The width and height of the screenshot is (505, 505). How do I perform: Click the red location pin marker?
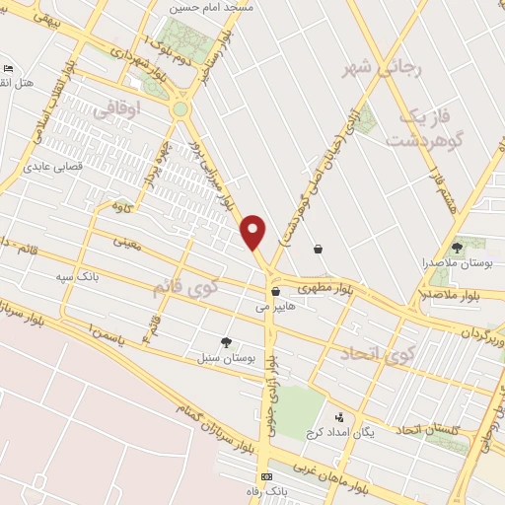point(254,231)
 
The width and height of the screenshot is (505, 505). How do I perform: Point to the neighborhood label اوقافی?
point(117,111)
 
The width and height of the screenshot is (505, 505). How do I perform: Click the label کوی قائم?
point(183,288)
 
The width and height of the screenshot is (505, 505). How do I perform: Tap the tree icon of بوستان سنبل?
point(228,343)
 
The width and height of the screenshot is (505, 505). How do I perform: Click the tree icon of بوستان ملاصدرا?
point(456,247)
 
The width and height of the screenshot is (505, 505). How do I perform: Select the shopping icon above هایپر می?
point(275,291)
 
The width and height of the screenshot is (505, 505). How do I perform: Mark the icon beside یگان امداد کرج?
point(340,418)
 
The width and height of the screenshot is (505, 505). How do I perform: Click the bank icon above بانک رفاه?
point(265,476)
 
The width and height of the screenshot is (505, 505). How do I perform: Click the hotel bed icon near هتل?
point(9,69)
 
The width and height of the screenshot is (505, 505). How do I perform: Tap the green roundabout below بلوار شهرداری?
point(180,108)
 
